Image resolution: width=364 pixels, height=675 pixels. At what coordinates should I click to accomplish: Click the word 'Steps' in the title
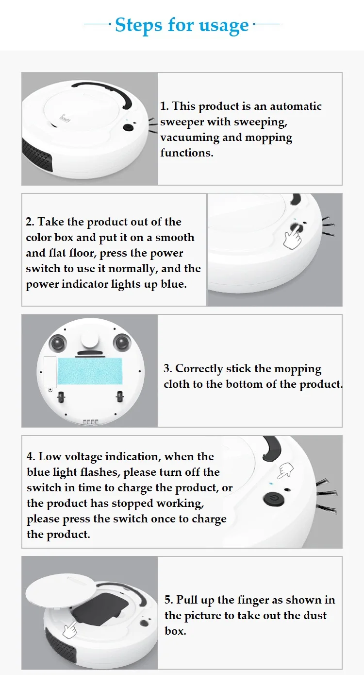click(138, 25)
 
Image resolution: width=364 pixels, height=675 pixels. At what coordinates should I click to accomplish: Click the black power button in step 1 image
click(129, 127)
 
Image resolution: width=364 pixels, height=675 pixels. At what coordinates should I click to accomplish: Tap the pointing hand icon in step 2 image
click(292, 238)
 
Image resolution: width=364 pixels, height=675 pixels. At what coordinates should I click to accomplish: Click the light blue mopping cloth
click(90, 371)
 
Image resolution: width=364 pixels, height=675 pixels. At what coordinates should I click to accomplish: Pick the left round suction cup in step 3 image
click(58, 342)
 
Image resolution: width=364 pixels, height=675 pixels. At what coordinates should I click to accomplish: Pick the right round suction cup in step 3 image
click(122, 342)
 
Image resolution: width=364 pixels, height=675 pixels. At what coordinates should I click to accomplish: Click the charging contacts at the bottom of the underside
click(91, 422)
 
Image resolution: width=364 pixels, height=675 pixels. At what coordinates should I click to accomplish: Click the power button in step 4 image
click(274, 500)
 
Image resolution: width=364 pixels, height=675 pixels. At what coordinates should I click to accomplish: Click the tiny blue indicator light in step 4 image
click(271, 484)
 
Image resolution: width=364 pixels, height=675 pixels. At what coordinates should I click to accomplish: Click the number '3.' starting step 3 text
click(168, 368)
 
